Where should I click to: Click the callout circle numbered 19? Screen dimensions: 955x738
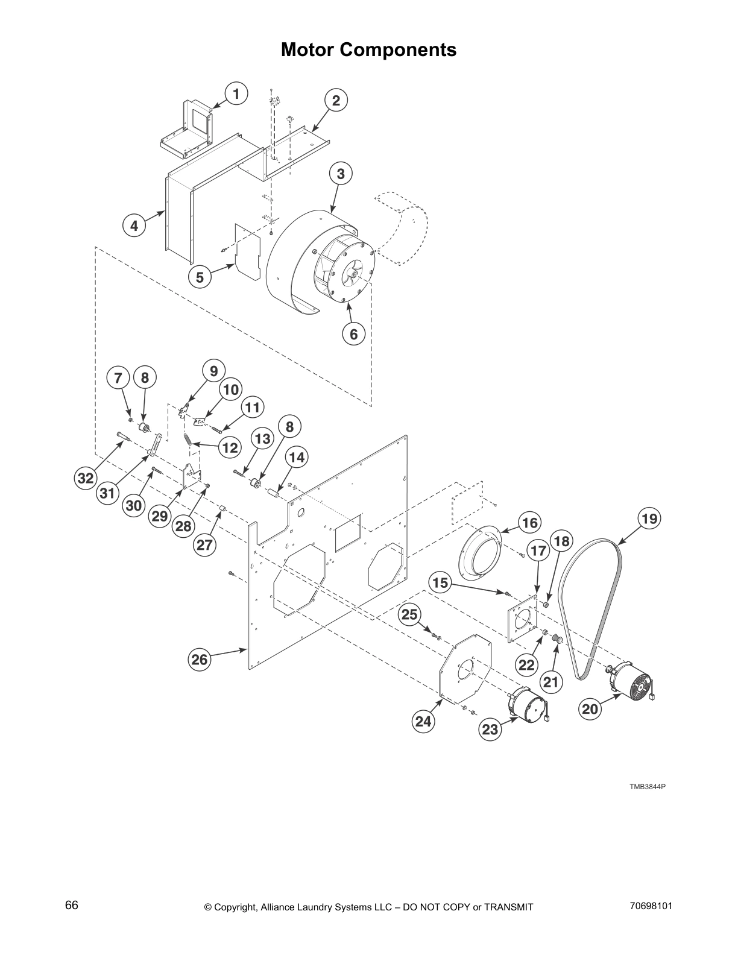pyautogui.click(x=649, y=518)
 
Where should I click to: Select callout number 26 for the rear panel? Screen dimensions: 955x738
pyautogui.click(x=200, y=660)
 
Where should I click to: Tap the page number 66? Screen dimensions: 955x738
pyautogui.click(x=71, y=906)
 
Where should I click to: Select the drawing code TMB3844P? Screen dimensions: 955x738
pyautogui.click(x=648, y=787)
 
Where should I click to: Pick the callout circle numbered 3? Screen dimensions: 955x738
pyautogui.click(x=341, y=174)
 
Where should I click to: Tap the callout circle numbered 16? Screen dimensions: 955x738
pyautogui.click(x=529, y=523)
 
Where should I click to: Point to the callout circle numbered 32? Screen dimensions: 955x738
pyautogui.click(x=86, y=478)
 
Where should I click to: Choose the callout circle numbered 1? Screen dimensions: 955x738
pyautogui.click(x=236, y=94)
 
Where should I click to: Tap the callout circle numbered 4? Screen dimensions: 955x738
pyautogui.click(x=134, y=226)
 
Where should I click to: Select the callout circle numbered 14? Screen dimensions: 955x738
pyautogui.click(x=296, y=458)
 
